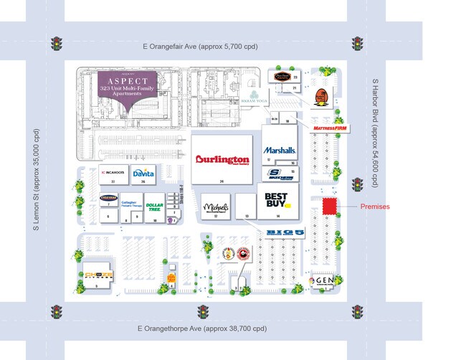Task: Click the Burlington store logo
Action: [x=222, y=161]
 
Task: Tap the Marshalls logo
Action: [x=280, y=151]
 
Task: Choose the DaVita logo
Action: [x=143, y=173]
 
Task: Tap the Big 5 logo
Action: [x=285, y=232]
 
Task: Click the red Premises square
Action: [x=330, y=206]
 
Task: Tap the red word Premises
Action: [x=374, y=207]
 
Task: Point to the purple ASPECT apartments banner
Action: [x=128, y=89]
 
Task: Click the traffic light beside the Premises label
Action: [x=356, y=184]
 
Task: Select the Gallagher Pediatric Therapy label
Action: [x=130, y=205]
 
